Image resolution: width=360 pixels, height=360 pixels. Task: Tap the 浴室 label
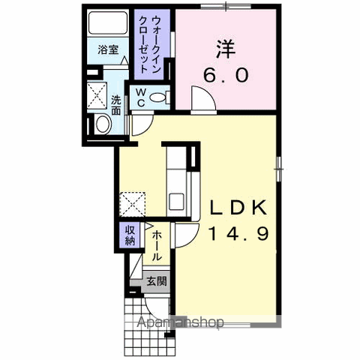[x=108, y=50]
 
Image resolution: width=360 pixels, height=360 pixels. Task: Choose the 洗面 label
[x=117, y=105]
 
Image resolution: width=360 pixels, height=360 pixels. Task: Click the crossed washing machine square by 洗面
[x=97, y=94]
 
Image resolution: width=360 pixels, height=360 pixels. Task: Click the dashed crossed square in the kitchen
[x=132, y=203]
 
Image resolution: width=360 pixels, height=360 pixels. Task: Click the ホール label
[x=156, y=245]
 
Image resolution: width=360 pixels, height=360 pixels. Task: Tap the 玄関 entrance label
[x=156, y=282]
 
